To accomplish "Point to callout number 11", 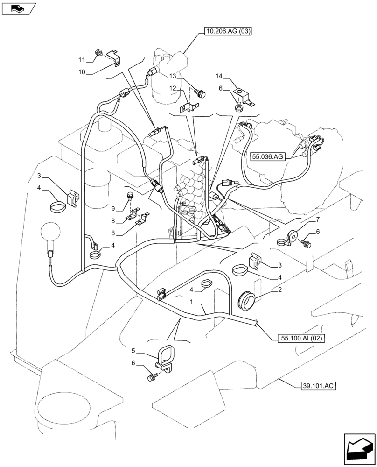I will click(x=82, y=60).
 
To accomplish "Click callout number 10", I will click(x=82, y=72).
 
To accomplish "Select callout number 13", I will click(x=173, y=76).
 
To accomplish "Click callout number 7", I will click(x=318, y=219).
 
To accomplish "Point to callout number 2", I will click(x=279, y=290).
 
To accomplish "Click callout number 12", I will click(x=173, y=88).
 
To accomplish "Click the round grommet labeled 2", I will click(x=247, y=299).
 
